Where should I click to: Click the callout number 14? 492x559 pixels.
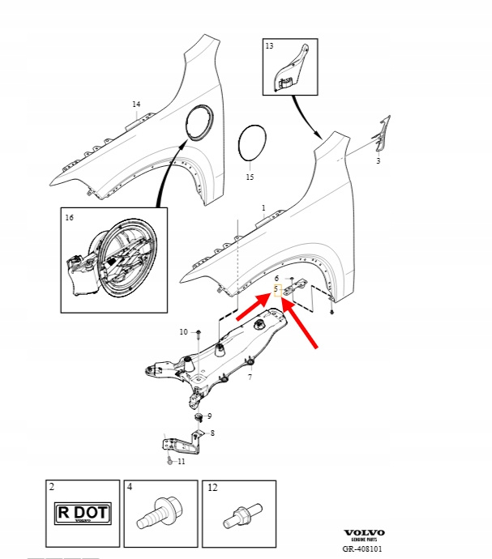(136, 105)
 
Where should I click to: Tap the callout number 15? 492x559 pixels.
(250, 177)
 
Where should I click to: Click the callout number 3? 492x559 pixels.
(378, 161)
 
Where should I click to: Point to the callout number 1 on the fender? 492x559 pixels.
(263, 208)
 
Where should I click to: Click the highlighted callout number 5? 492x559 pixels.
(276, 288)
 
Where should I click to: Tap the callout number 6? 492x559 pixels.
(276, 278)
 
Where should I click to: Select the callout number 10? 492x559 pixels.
(183, 332)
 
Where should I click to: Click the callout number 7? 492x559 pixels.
(250, 377)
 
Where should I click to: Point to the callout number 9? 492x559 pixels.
(209, 416)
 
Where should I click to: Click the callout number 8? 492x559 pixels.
(212, 433)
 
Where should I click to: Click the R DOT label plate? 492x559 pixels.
(82, 514)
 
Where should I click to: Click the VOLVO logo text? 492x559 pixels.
(364, 533)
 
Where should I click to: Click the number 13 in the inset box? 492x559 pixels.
(270, 48)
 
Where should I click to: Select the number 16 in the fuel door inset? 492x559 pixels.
(70, 218)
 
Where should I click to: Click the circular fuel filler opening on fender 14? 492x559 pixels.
(199, 122)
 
